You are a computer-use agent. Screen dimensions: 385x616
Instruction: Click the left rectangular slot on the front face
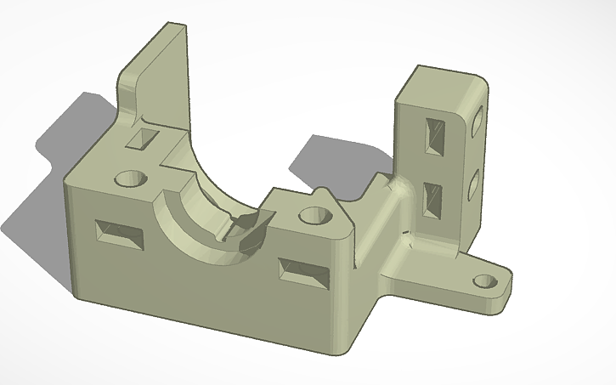tap(120, 235)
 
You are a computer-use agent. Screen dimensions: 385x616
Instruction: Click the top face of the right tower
tap(443, 84)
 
